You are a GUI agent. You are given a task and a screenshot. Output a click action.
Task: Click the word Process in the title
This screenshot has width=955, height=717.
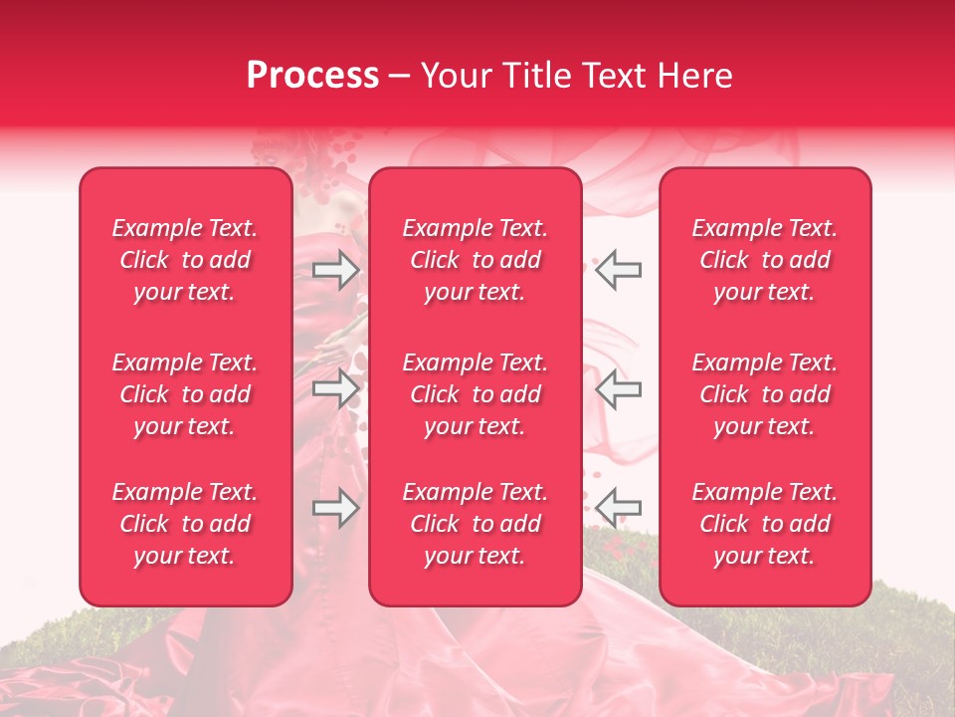point(312,76)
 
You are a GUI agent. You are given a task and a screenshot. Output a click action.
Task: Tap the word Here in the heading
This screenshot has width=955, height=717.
point(693,76)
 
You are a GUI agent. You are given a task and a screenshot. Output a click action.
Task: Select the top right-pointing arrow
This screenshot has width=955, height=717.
point(336,270)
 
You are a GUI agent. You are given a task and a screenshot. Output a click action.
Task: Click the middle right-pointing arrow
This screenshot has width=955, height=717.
point(336,387)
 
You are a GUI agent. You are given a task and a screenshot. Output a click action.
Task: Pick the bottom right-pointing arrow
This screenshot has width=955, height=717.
point(336,508)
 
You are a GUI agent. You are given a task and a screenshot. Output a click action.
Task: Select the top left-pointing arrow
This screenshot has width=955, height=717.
point(618,270)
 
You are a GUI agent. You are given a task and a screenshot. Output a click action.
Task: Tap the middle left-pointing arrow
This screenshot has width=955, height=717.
point(618,387)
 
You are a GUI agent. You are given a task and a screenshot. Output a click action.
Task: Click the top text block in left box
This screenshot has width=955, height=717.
point(185,260)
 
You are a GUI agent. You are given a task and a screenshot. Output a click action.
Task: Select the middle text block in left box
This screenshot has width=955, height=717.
point(185,394)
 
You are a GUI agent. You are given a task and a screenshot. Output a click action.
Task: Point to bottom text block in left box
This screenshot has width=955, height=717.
point(185,524)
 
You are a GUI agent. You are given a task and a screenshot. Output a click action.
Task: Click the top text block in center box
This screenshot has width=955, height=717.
point(476,260)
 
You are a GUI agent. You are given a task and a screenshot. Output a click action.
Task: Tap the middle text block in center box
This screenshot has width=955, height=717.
point(476,394)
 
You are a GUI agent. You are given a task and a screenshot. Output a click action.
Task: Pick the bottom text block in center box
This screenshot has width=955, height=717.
point(476,524)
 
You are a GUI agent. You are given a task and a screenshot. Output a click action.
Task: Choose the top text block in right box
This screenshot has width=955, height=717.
point(765,260)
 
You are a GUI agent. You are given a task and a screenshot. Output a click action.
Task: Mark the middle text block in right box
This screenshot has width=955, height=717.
point(765,394)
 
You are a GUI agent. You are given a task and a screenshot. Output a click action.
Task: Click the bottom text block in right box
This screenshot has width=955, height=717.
point(765,524)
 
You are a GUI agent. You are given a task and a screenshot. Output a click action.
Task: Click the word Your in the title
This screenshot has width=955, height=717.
point(453,76)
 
